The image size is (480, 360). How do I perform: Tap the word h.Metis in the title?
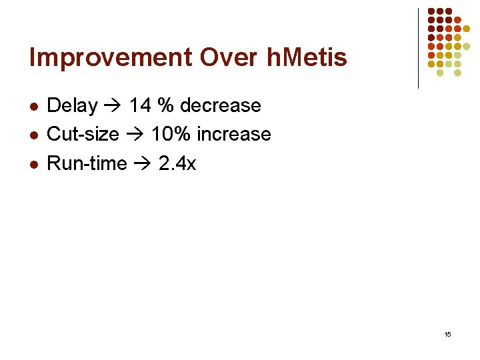[x=307, y=58]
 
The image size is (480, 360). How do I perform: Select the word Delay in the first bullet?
[x=73, y=105]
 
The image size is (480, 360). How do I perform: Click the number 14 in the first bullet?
[x=141, y=105]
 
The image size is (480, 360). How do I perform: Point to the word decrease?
[x=221, y=105]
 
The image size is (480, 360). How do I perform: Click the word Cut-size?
[x=83, y=134]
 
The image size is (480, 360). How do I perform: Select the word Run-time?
[x=87, y=163]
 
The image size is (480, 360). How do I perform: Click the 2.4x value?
[x=177, y=163]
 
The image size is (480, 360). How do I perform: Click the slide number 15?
[x=447, y=334]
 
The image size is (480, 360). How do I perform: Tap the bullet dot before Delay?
[x=34, y=107]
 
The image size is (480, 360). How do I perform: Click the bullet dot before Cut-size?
[x=34, y=135]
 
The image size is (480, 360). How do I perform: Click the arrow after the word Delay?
[x=113, y=106]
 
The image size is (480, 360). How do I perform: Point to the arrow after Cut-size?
[x=135, y=135]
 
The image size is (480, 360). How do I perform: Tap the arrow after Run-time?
[x=143, y=164]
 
